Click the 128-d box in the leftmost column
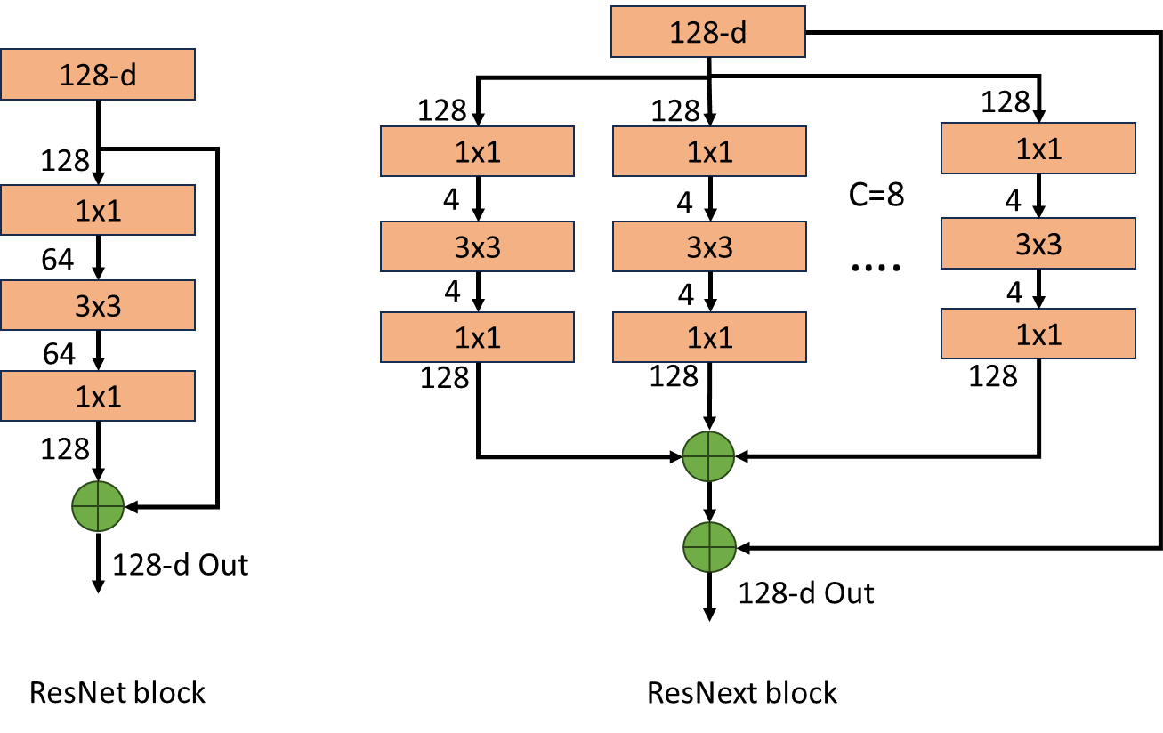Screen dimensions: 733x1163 click(98, 75)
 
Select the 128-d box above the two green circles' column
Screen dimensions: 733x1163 click(708, 33)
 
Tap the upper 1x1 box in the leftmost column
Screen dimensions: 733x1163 click(98, 211)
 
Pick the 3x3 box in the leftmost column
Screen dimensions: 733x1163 click(98, 306)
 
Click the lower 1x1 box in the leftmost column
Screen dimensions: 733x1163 click(98, 396)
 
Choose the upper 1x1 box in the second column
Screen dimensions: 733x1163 click(478, 152)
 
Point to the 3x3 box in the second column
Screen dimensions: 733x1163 click(478, 247)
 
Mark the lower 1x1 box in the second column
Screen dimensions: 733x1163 click(478, 337)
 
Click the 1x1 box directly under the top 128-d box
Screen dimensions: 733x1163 click(709, 152)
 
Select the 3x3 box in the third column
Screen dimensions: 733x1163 click(709, 247)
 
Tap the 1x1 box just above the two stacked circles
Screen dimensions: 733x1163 click(709, 337)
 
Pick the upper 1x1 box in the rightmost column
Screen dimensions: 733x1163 click(1038, 149)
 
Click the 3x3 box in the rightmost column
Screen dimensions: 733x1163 click(1038, 244)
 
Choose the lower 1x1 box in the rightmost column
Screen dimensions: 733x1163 click(1038, 334)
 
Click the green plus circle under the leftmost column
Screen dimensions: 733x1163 click(98, 506)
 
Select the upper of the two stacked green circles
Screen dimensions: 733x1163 click(708, 456)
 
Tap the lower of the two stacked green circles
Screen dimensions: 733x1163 click(709, 546)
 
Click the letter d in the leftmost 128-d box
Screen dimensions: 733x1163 click(128, 75)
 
